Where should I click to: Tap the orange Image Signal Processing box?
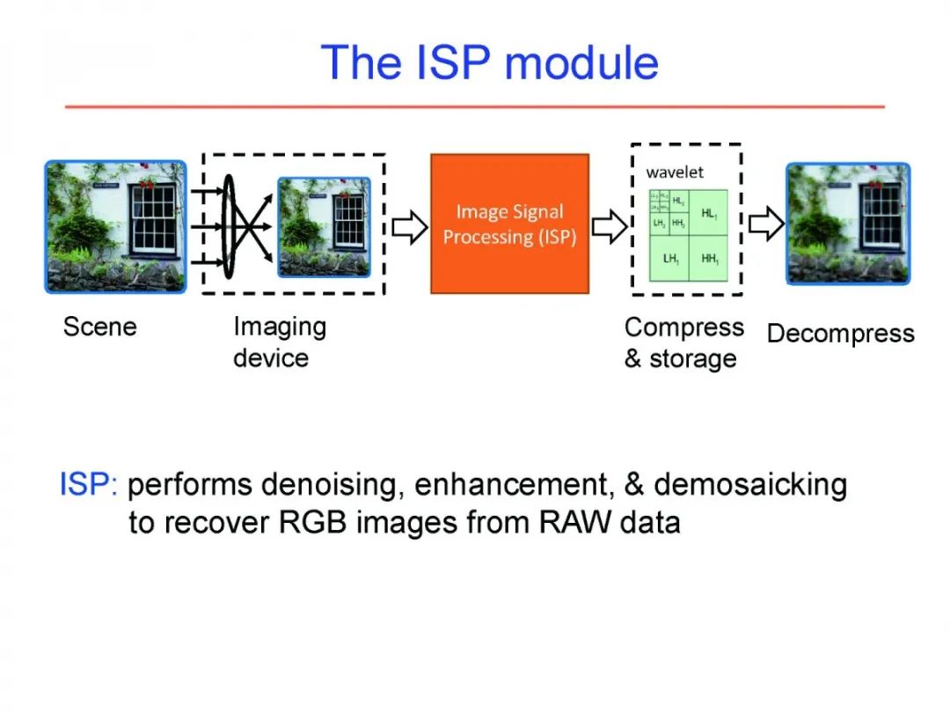click(x=509, y=224)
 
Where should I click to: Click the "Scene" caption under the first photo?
click(x=100, y=327)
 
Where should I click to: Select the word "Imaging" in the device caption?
click(x=280, y=327)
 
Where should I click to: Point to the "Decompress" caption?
click(x=840, y=334)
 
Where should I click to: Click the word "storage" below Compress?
click(x=693, y=359)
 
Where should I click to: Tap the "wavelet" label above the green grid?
click(x=675, y=173)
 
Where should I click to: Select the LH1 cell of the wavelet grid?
click(x=670, y=259)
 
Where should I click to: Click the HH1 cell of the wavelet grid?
click(x=709, y=259)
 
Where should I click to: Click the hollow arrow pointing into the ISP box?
click(x=407, y=227)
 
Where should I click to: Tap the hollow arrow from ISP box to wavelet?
click(x=609, y=227)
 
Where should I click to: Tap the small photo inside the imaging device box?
click(x=324, y=227)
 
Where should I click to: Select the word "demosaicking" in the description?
click(x=750, y=485)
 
